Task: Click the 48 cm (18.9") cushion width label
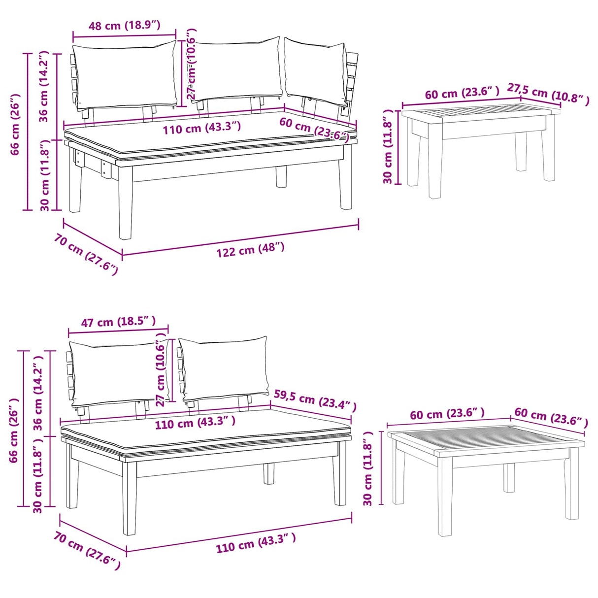(124, 25)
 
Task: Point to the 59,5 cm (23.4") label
(315, 400)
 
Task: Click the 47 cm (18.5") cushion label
(118, 322)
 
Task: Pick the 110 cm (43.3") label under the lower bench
(256, 543)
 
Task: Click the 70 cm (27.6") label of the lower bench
(87, 551)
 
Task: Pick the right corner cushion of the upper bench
(315, 72)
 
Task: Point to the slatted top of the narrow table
(480, 113)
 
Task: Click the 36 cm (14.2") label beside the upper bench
(44, 86)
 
